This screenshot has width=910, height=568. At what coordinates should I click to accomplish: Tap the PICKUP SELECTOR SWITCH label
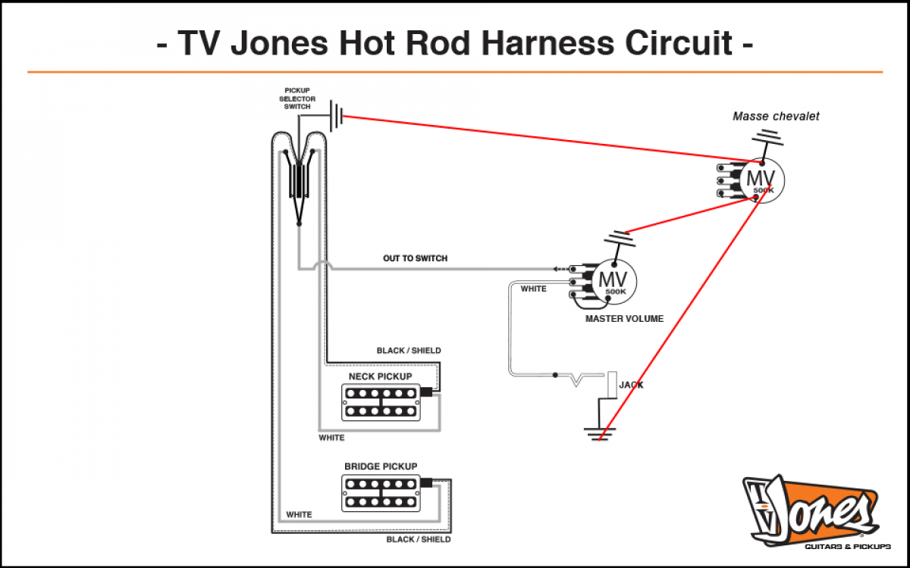[297, 98]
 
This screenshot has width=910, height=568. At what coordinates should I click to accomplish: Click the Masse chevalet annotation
[776, 117]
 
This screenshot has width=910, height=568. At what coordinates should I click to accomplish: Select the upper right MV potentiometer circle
[761, 179]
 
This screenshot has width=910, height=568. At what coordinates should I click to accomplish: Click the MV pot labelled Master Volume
[613, 281]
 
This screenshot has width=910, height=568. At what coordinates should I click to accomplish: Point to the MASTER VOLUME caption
[624, 319]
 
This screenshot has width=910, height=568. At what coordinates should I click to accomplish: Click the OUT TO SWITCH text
[415, 258]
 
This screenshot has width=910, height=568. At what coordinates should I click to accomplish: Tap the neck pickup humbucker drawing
[381, 402]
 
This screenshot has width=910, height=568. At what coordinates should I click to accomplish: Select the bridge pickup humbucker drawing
[381, 492]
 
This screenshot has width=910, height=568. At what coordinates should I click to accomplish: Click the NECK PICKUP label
[380, 376]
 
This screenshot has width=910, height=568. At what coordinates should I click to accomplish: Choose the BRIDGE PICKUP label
[381, 467]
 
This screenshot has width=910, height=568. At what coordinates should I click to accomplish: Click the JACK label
[631, 385]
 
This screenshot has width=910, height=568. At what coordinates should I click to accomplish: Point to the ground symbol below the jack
[599, 433]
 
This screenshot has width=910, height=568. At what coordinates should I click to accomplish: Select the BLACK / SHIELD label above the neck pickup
[409, 351]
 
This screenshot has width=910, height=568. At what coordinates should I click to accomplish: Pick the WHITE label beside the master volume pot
[533, 289]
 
